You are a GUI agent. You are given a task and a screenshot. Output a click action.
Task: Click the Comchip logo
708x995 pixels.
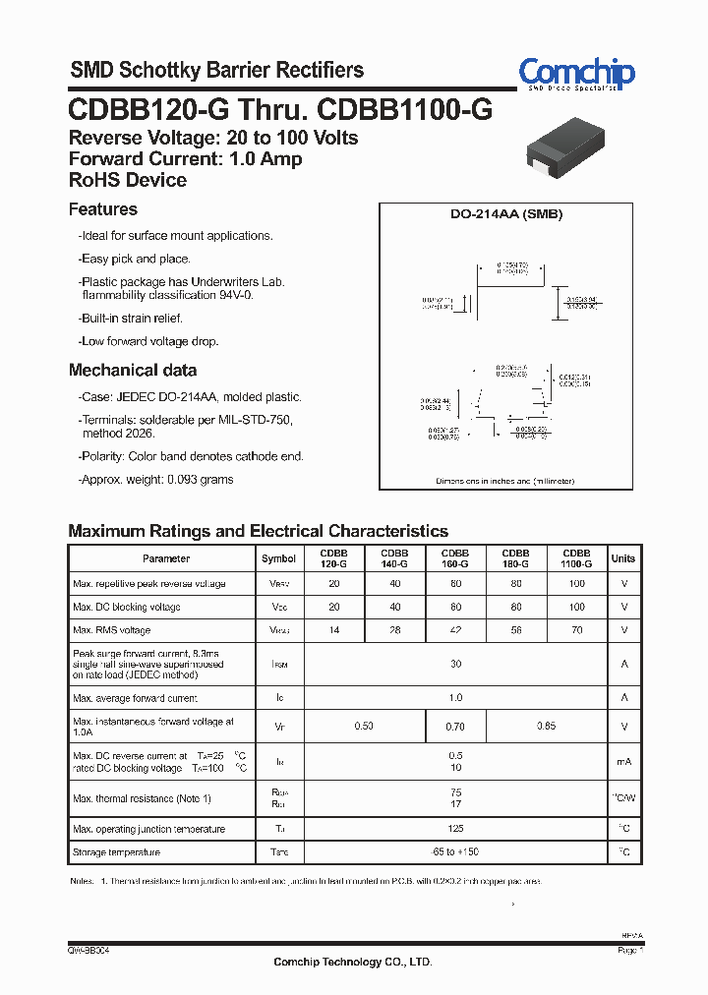576,74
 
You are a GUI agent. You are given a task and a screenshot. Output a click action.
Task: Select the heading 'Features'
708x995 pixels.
102,209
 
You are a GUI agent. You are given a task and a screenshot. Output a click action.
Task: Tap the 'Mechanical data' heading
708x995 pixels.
132,371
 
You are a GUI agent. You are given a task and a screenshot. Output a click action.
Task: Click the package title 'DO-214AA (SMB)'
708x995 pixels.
506,214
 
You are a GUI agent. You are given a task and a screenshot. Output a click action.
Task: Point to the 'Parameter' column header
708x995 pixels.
166,558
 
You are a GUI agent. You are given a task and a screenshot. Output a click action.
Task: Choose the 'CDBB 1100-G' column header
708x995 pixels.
576,558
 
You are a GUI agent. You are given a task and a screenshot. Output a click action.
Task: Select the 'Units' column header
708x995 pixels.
623,558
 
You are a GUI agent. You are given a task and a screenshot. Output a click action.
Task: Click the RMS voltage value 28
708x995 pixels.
394,630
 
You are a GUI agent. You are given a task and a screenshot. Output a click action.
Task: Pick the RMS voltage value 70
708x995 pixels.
576,630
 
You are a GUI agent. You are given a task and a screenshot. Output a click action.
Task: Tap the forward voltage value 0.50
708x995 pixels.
364,727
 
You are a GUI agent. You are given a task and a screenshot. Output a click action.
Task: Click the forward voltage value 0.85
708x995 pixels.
546,727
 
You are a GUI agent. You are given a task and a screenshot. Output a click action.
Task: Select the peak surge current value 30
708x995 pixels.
455,665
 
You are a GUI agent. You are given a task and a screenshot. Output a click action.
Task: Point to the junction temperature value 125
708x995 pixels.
455,829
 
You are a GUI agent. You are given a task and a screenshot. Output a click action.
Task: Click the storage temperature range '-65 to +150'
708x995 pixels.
455,851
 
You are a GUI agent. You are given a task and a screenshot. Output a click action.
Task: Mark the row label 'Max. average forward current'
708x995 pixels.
135,698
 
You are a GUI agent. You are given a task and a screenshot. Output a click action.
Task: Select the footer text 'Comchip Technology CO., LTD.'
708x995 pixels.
352,962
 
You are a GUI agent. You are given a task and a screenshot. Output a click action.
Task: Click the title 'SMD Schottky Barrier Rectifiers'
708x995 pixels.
216,70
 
